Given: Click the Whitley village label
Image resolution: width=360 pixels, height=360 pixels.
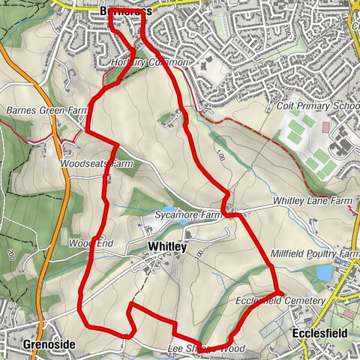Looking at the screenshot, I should (x=167, y=246).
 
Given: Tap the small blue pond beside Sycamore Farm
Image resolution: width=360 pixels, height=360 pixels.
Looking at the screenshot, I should (x=170, y=211).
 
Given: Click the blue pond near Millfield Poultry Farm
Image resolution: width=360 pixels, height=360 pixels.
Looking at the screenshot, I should (x=325, y=274).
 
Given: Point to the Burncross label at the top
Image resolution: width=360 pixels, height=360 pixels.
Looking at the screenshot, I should (x=125, y=12).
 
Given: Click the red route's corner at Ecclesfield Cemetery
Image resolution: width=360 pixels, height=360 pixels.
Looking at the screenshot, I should (x=279, y=291).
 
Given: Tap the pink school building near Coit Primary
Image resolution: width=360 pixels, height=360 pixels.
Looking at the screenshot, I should (x=325, y=127).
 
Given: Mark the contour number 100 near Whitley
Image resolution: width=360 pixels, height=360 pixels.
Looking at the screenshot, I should (x=199, y=254).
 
